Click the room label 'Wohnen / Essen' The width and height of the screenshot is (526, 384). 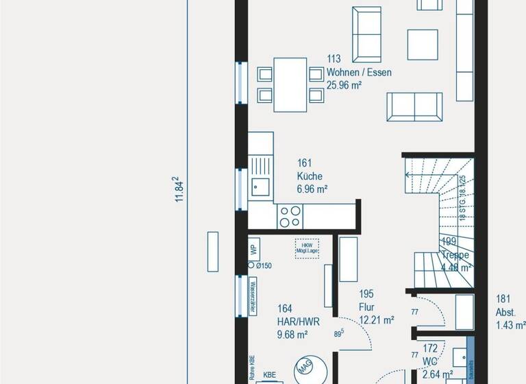[x=359, y=73]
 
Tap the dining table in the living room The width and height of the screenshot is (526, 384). [x=291, y=84]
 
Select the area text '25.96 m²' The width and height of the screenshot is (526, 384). [x=345, y=86]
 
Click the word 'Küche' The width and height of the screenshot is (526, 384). [x=310, y=176]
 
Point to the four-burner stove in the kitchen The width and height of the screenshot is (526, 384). [x=290, y=216]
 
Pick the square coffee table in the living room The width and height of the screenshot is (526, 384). [x=423, y=45]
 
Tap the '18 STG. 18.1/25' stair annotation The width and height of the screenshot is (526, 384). [x=463, y=197]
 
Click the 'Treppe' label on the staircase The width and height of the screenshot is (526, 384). [x=455, y=255]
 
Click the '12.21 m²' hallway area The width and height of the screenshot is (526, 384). [x=377, y=320]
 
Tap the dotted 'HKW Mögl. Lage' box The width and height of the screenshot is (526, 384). [x=305, y=248]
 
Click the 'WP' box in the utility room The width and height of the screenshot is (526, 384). [x=253, y=249]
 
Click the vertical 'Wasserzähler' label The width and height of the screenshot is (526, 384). [x=252, y=296]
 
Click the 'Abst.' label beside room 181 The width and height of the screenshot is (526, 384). [x=505, y=311]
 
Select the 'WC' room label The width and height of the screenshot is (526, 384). [x=430, y=361]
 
